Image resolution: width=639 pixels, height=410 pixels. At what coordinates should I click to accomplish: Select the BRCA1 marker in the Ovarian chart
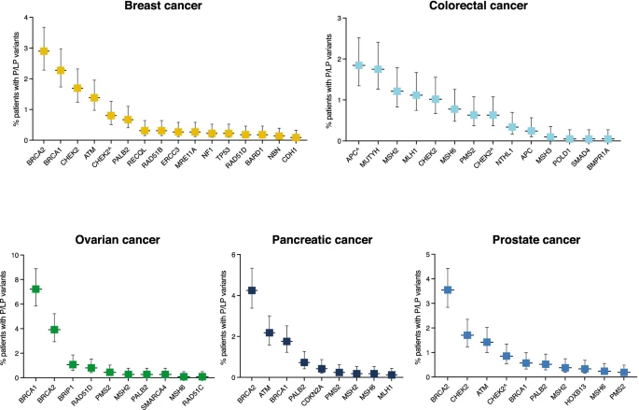coord(36,290)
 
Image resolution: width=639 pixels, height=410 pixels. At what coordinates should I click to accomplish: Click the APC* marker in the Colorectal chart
coord(358,65)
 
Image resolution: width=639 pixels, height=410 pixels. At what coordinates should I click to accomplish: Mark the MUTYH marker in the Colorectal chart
coord(378,69)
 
